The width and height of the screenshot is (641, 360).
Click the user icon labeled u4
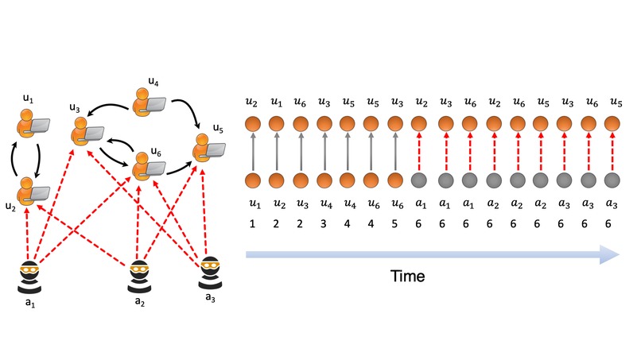click(x=150, y=103)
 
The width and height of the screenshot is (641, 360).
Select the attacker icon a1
click(x=29, y=277)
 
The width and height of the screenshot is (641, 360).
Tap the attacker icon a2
click(x=139, y=277)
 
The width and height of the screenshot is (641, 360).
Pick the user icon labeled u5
click(x=208, y=148)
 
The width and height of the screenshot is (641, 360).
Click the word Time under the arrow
click(x=407, y=277)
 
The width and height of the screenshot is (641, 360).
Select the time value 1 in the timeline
click(x=252, y=224)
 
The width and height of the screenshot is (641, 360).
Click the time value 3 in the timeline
click(x=324, y=224)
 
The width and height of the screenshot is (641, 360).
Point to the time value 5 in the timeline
click(x=394, y=224)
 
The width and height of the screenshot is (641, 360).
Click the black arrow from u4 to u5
click(x=190, y=110)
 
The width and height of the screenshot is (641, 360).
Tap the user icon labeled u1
click(x=33, y=123)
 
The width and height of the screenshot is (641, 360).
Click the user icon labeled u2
click(x=33, y=192)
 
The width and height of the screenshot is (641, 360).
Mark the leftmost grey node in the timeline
click(x=418, y=180)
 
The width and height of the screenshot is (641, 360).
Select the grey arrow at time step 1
click(x=253, y=151)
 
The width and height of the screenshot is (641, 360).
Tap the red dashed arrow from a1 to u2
click(x=27, y=233)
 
